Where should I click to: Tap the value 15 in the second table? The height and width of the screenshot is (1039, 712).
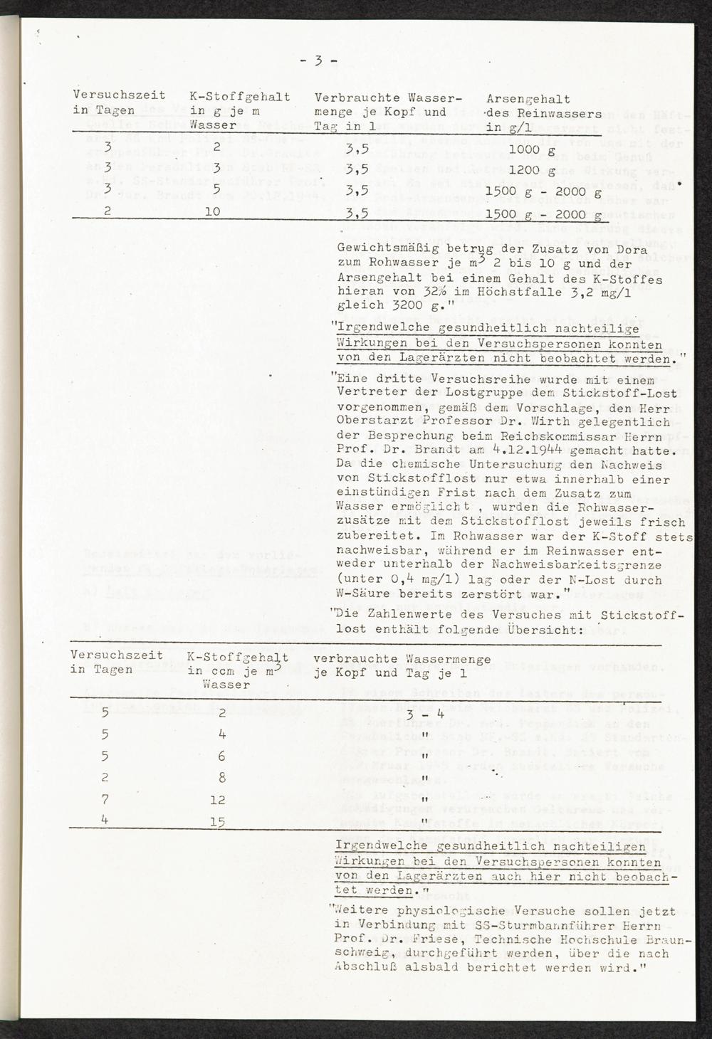click(x=218, y=821)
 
